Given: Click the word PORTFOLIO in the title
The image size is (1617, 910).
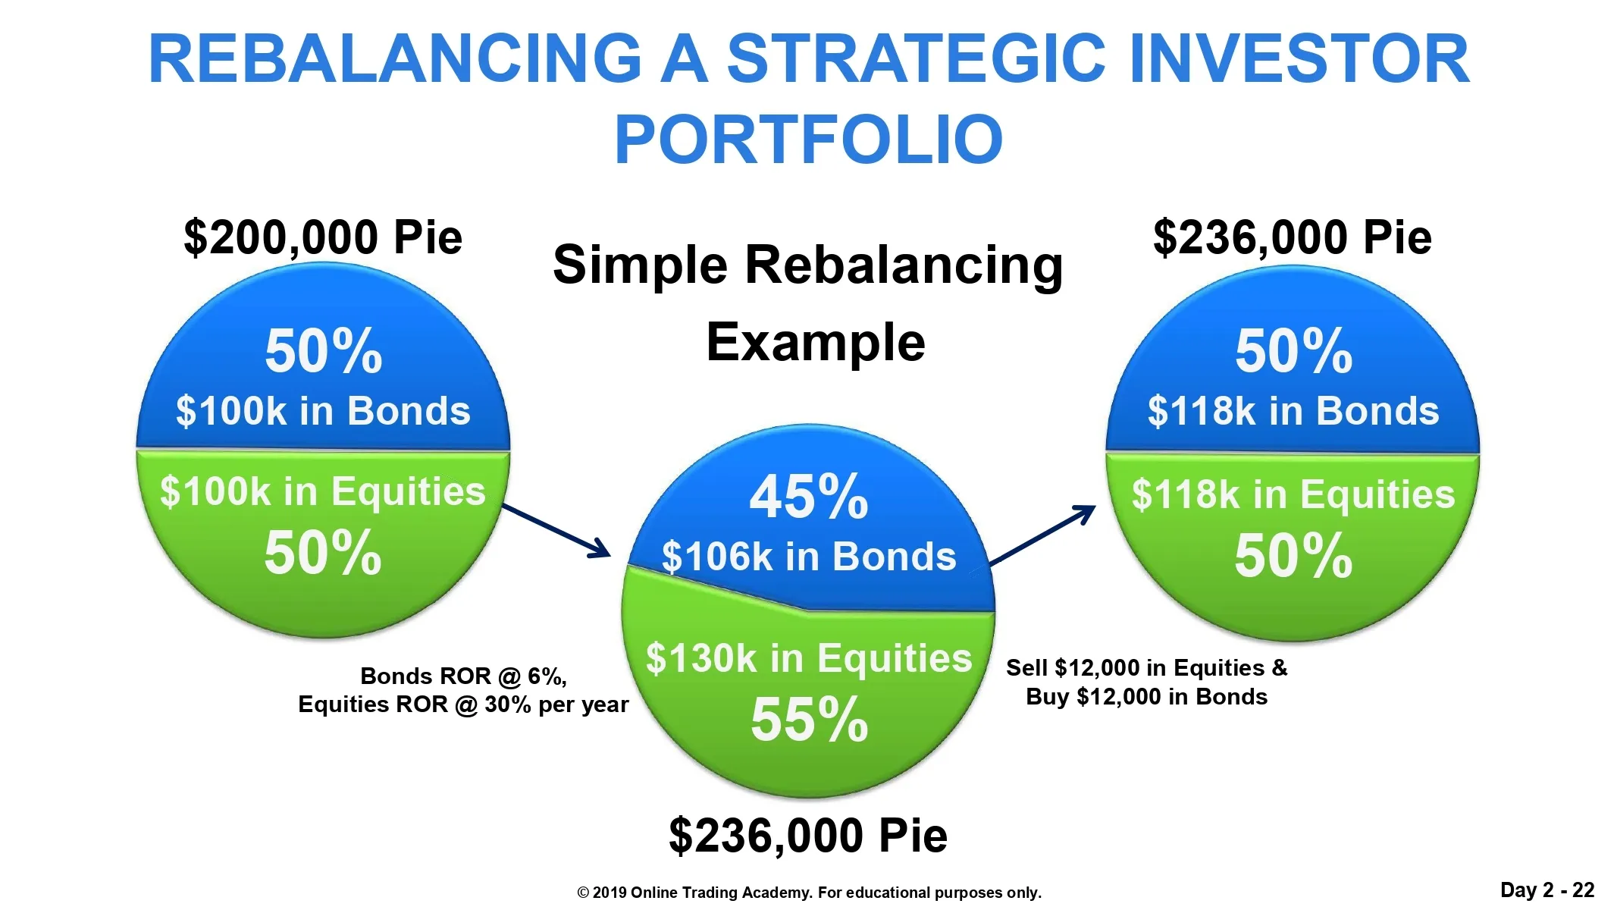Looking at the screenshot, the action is coord(809,139).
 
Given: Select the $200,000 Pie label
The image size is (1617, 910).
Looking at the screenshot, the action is coord(323,237).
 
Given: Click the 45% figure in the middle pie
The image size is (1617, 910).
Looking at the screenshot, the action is coord(809,497).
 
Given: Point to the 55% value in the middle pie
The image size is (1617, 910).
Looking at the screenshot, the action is coord(809,720).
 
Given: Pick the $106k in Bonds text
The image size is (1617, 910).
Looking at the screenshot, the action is coord(809,557).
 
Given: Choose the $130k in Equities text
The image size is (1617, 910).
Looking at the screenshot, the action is coord(809,658).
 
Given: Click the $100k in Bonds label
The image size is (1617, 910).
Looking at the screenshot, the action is coord(323,411).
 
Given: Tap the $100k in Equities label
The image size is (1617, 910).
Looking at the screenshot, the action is coord(323,491).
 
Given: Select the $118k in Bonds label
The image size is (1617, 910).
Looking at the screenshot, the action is coord(1293,411).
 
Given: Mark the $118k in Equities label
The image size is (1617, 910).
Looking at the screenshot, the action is coord(1293,494).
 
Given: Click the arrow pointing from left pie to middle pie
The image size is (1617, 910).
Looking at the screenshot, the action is coord(557,531).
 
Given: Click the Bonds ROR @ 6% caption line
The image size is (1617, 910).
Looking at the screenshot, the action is coord(463,676).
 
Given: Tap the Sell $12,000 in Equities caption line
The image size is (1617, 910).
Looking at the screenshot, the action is coord(1146,668).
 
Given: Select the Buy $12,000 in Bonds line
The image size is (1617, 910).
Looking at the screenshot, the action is coord(1146,697).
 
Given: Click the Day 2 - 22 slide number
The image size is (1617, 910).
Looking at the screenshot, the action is coord(1547,890).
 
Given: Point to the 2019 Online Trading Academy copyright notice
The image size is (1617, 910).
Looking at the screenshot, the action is coord(809,893).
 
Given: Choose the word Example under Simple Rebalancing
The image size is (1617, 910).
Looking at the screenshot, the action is coord(816,343).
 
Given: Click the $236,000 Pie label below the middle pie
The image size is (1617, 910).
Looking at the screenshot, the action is coord(808,836).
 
